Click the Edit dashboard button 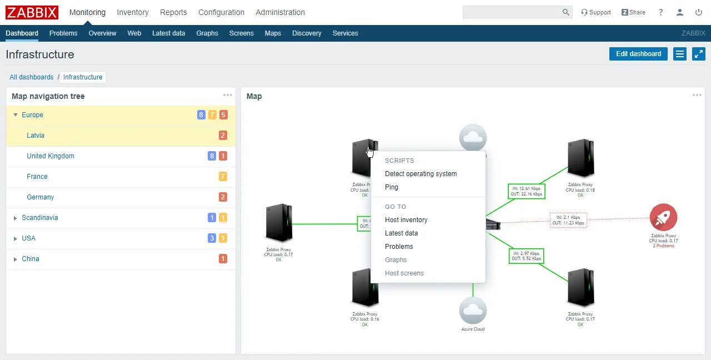tap(638, 54)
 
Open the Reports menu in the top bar tap(173, 12)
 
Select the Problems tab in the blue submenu tap(63, 33)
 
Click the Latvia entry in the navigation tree tap(36, 136)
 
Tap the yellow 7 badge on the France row tap(223, 177)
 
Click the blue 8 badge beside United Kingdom tap(212, 156)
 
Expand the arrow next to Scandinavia tap(16, 218)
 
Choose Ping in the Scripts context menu tap(392, 187)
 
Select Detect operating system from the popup tap(420, 174)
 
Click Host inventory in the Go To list tap(406, 220)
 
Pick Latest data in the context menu tap(401, 233)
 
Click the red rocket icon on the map tap(663, 217)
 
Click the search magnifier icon tap(565, 12)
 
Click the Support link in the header tap(596, 12)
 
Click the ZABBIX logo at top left tap(32, 12)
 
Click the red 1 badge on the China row tap(223, 259)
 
